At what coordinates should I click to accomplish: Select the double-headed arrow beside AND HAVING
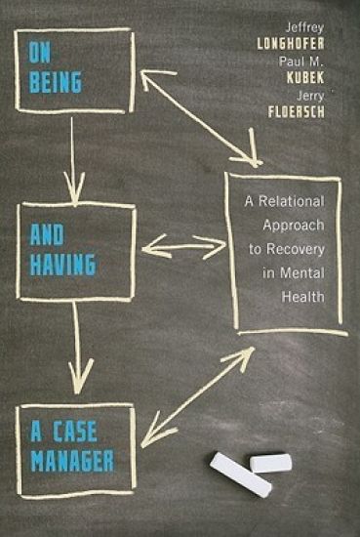[183, 247]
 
